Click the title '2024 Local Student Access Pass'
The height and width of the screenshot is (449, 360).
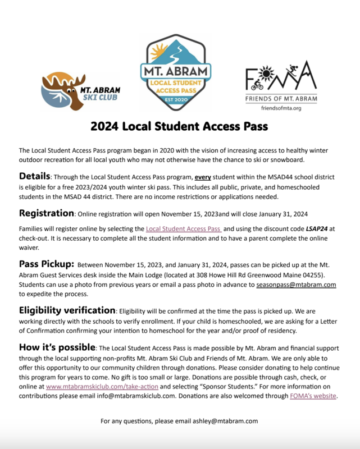[180, 127]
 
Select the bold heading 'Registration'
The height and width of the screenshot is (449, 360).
[47, 213]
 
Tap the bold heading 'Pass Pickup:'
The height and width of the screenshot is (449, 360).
[47, 264]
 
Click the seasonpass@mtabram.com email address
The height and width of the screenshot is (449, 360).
[296, 285]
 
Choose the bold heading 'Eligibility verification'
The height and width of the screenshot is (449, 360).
[67, 310]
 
